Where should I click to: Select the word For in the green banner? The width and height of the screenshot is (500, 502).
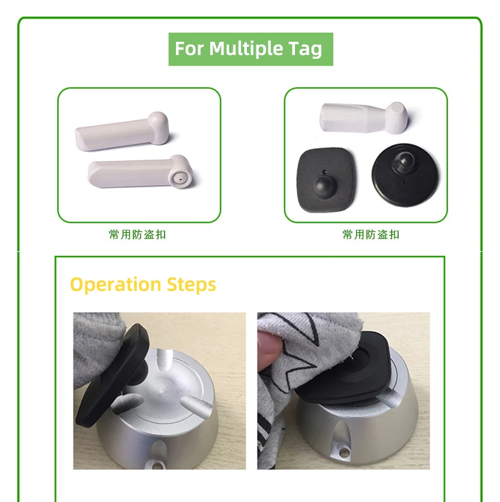point(189,49)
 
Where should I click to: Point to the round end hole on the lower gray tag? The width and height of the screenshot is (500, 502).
point(181,172)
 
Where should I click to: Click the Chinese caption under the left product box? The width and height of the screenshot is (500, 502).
point(138,235)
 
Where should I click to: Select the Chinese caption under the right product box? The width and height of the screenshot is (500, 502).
point(371,235)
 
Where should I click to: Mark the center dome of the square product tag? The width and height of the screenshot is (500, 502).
point(324,184)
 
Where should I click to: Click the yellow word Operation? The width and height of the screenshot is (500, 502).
point(116,284)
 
